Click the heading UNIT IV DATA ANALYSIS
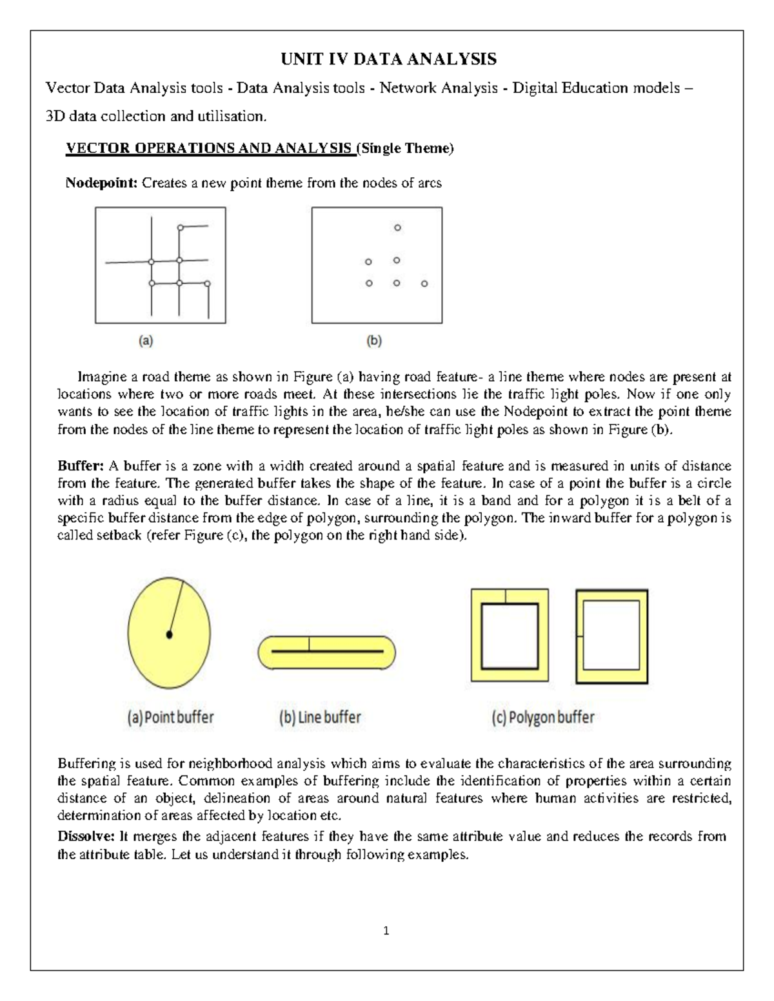388,59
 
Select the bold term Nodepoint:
101,183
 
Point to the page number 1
386,931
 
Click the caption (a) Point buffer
170,717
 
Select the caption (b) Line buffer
320,717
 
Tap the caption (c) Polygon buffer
542,717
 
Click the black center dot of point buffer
170,635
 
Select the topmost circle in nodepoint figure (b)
397,228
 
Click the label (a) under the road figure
146,342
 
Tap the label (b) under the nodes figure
374,342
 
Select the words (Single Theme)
406,149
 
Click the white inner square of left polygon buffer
510,636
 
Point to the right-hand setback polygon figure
611,636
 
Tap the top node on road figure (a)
181,227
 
